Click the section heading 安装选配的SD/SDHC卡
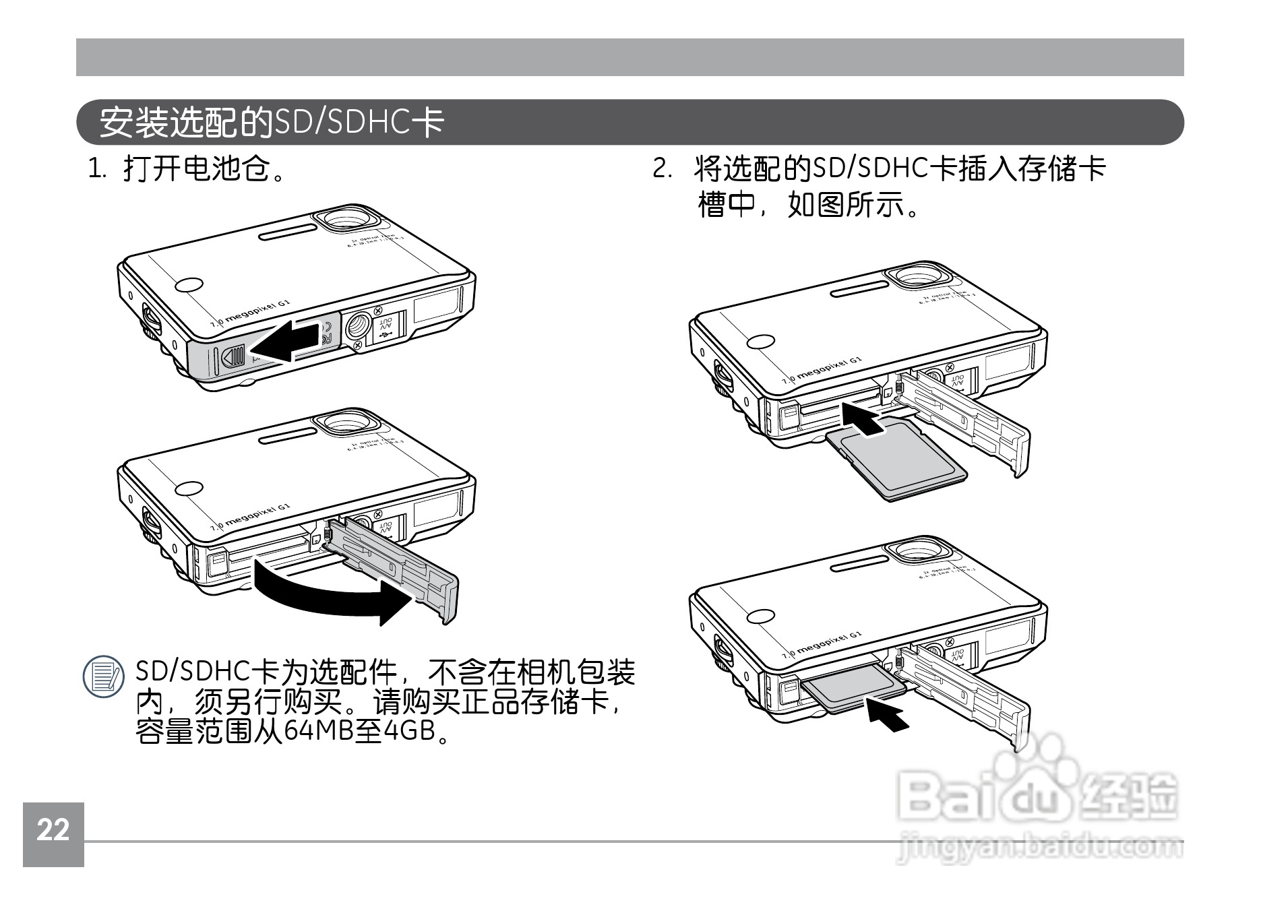click(x=272, y=123)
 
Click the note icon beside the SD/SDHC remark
click(x=102, y=678)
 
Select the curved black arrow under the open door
click(x=330, y=593)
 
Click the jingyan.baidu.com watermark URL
click(x=1041, y=849)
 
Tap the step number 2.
click(x=662, y=169)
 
